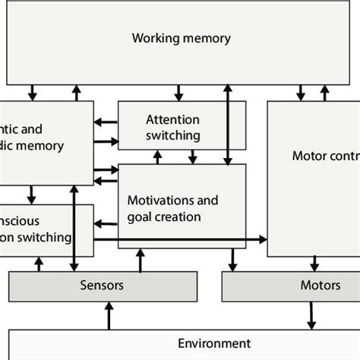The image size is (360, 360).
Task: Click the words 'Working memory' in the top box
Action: pyautogui.click(x=181, y=38)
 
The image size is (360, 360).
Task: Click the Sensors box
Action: pyautogui.click(x=102, y=286)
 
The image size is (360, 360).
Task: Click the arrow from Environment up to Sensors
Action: pyautogui.click(x=109, y=314)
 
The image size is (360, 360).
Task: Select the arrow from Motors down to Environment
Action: pyautogui.click(x=310, y=314)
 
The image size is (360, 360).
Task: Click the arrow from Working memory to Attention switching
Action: pyautogui.click(x=178, y=92)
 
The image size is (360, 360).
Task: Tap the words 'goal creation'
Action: pyautogui.click(x=165, y=217)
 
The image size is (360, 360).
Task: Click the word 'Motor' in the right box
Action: pyautogui.click(x=307, y=156)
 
